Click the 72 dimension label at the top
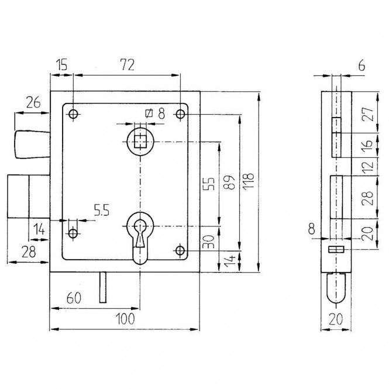click(128, 65)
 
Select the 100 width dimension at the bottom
click(126, 319)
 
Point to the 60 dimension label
click(74, 298)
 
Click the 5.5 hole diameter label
click(102, 211)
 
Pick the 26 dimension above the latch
click(33, 102)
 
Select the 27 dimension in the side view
click(367, 114)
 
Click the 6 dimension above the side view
click(362, 66)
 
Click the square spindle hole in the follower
click(140, 142)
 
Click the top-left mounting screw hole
click(73, 115)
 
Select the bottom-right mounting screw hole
click(180, 250)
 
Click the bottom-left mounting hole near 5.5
click(73, 233)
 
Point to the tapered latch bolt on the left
click(33, 144)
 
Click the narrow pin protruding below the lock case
click(103, 287)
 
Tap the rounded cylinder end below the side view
click(336, 288)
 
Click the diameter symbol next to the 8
click(149, 113)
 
